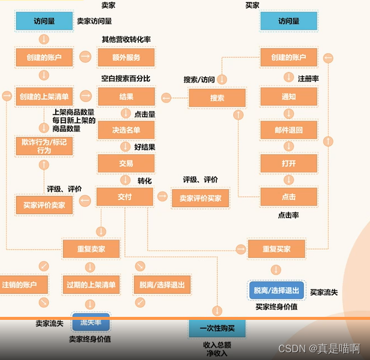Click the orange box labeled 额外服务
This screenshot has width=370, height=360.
pos(126,58)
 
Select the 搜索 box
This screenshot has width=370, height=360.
pos(217,98)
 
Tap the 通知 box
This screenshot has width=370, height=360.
pos(288,97)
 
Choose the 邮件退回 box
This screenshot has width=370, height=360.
pos(288,130)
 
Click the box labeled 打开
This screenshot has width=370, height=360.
pos(288,163)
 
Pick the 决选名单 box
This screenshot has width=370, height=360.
pos(126,129)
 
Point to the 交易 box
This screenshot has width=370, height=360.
pos(126,163)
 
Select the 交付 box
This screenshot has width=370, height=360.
pos(126,196)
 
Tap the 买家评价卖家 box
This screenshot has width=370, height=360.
pos(44,204)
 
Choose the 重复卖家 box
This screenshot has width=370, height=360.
pos(91,249)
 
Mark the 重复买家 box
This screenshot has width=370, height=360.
pos(276,249)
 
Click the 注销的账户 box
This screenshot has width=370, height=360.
pos(24,285)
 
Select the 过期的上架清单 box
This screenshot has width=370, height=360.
pos(91,285)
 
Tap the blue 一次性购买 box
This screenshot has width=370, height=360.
pos(217,328)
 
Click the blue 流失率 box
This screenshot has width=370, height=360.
pos(91,322)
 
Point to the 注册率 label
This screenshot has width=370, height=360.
pos(308,78)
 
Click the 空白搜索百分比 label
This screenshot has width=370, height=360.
pos(126,78)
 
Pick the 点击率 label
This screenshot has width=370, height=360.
pos(288,214)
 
